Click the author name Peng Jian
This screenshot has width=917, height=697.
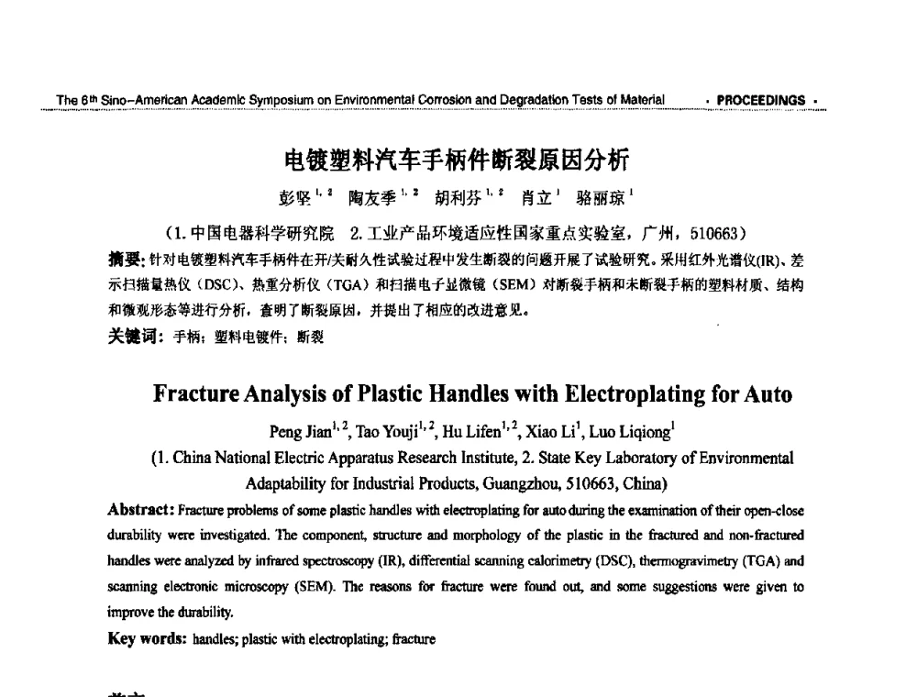295,431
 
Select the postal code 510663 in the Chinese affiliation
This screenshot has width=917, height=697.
725,227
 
